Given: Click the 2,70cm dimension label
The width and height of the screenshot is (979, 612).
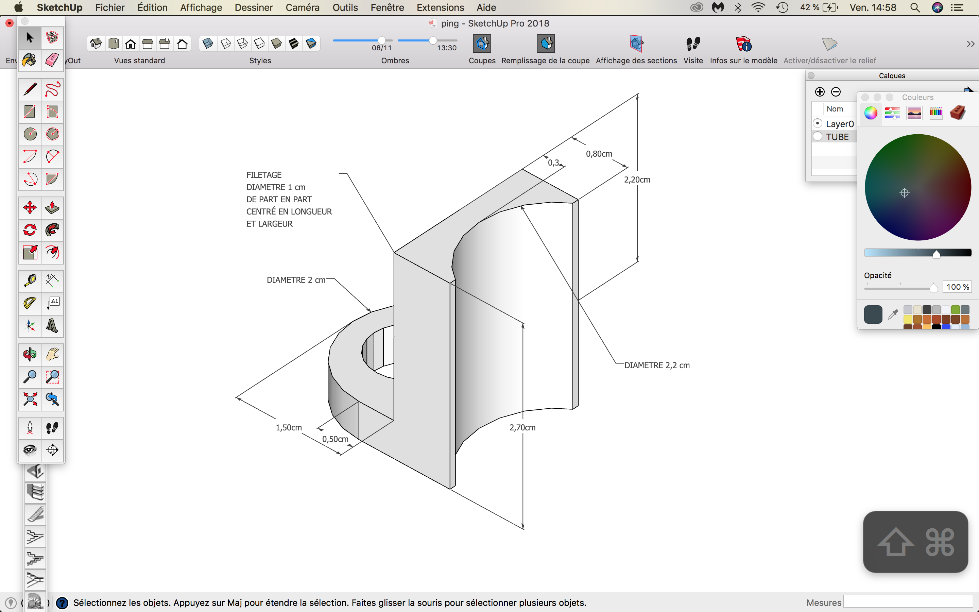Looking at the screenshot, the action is (x=522, y=427).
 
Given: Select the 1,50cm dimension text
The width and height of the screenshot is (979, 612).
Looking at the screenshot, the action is (x=289, y=427).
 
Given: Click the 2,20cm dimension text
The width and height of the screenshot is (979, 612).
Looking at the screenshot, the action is (x=637, y=180).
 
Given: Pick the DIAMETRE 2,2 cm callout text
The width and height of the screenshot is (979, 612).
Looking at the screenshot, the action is (x=657, y=365).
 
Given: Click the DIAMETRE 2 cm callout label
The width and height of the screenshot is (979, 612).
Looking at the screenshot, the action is (x=296, y=280).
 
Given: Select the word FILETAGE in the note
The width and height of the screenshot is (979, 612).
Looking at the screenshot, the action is (x=264, y=175).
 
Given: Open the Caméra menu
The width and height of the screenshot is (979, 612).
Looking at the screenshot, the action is (x=303, y=7).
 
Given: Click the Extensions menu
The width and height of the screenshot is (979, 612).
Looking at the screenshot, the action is (x=440, y=7).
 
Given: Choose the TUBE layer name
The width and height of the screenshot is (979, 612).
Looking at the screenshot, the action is (x=837, y=137).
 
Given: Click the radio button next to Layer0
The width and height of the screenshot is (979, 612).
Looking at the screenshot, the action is (x=818, y=123).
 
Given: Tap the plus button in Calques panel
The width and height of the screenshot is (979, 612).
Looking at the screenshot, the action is (x=820, y=92).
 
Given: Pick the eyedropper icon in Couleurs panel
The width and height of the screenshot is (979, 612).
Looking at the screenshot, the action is (x=893, y=314).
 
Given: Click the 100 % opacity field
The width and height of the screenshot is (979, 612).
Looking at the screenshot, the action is (x=957, y=287).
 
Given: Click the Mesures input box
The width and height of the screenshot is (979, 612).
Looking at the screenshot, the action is (x=908, y=602).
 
